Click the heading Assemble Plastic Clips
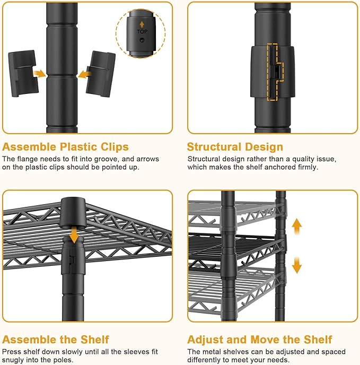pos(65,147)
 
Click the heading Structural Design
pos(235,147)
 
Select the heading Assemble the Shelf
pos(55,340)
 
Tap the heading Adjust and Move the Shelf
pos(259,340)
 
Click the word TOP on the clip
pos(142,32)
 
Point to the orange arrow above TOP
pos(142,24)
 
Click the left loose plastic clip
pos(23,73)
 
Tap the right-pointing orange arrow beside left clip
pos(40,74)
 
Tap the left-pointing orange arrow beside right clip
pos(84,75)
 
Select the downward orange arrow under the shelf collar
pos(74,234)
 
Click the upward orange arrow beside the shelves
pos(297,226)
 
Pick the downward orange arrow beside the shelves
pos(297,265)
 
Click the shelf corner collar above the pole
pos(73,213)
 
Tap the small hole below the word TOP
pos(142,40)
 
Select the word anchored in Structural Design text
pos(280,167)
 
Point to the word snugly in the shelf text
pos(13,360)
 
